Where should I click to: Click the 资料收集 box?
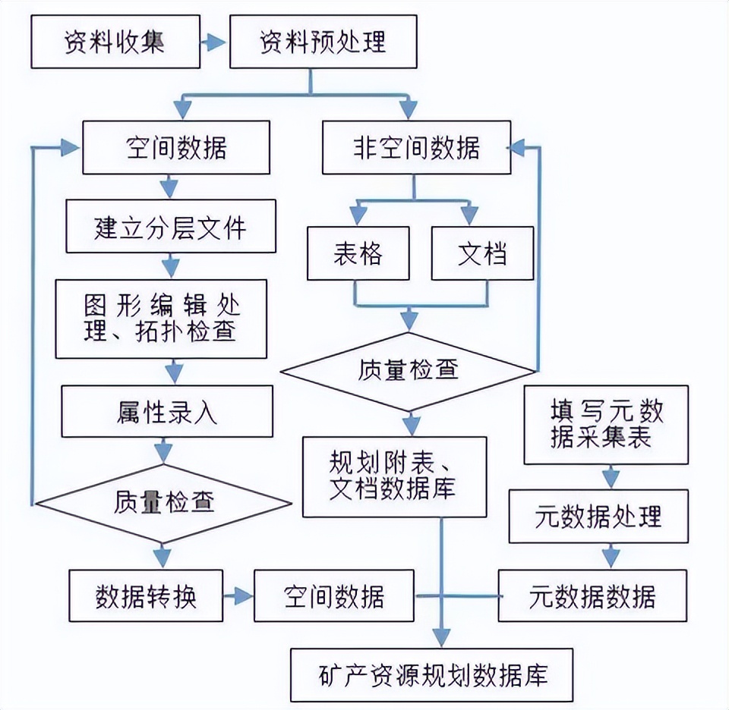[114, 41]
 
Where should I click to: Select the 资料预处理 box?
[323, 41]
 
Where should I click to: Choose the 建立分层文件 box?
[171, 226]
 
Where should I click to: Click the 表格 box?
[358, 253]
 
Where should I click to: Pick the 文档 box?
[481, 253]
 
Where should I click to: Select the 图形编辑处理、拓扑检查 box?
[162, 319]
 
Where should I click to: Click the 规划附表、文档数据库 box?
[393, 477]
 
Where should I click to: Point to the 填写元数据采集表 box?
[606, 425]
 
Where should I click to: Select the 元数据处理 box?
[598, 517]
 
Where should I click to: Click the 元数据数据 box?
[592, 596]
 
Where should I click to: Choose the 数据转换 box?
[147, 596]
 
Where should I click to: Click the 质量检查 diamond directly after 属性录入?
[165, 502]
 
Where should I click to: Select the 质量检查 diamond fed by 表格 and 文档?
[408, 370]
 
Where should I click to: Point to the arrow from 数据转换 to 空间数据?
[238, 596]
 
